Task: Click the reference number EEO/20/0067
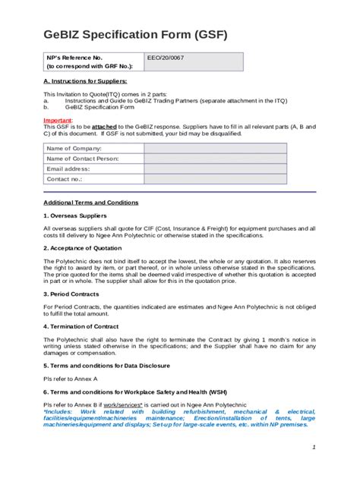pos(166,58)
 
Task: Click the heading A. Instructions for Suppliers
pos(85,80)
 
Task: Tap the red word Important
pos(58,120)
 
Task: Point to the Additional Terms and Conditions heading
pos(90,203)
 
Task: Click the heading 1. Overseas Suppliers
pos(74,215)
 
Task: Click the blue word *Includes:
pos(59,410)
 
